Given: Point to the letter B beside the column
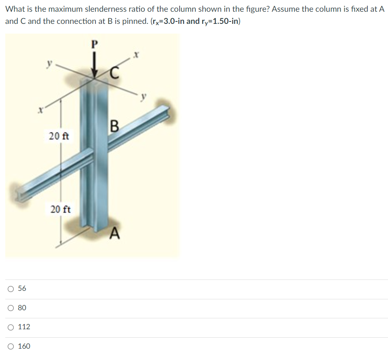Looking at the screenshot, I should (x=114, y=127).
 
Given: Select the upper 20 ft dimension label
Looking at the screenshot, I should (x=59, y=136).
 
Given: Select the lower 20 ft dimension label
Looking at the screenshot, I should (x=60, y=210).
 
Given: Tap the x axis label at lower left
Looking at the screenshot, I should (x=40, y=110).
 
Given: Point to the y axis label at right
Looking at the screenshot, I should (x=143, y=97).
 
